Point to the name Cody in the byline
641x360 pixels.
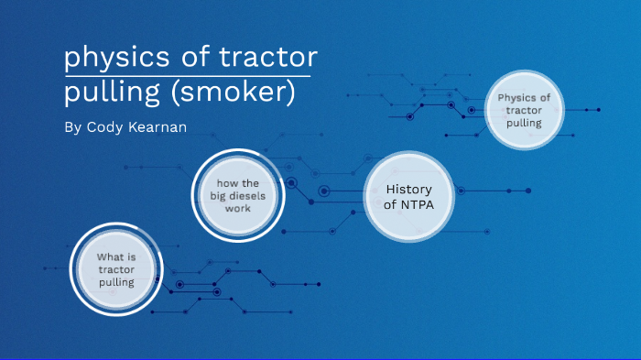109,126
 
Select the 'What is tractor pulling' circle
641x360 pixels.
116,269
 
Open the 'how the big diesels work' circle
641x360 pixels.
238,195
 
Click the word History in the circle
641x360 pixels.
409,189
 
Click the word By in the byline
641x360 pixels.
73,126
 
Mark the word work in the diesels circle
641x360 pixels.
238,208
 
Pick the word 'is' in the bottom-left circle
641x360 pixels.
131,256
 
